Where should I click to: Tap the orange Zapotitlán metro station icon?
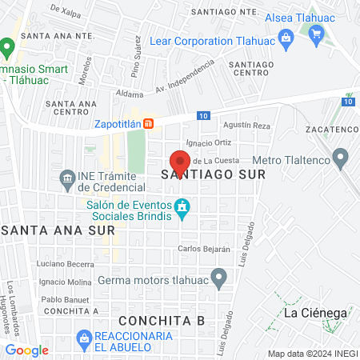click(148, 124)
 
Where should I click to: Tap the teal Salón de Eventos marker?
click(182, 207)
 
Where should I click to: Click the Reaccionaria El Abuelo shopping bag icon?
click(82, 339)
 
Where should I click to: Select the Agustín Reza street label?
click(247, 126)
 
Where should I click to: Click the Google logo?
click(26, 350)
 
